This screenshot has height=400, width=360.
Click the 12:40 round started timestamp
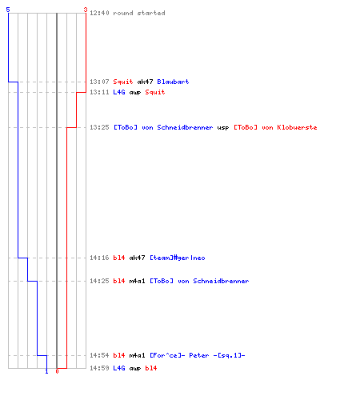(x=99, y=13)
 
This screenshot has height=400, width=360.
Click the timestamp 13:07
(x=99, y=82)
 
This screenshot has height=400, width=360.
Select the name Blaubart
(x=173, y=82)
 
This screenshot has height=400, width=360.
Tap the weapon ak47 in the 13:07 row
(x=145, y=82)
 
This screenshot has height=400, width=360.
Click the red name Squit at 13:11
(x=155, y=92)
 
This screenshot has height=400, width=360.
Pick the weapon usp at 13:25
(x=223, y=128)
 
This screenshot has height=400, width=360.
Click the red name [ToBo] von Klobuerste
(x=275, y=127)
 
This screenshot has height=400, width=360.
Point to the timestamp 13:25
(x=99, y=127)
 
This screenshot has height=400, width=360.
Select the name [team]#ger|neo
(x=178, y=258)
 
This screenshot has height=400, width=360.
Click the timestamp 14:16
(x=99, y=258)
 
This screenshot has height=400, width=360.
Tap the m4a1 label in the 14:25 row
(x=137, y=281)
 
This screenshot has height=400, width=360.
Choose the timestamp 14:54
(x=99, y=355)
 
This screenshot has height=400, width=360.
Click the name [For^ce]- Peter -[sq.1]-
(x=198, y=355)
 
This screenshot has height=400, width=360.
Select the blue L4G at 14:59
(x=119, y=368)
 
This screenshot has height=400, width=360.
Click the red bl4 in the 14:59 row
(x=151, y=368)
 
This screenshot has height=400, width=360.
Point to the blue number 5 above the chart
(x=8, y=10)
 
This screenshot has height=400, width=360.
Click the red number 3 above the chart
(x=86, y=10)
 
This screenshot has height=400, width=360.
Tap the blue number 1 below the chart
(x=46, y=371)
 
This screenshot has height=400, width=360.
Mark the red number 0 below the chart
(x=57, y=371)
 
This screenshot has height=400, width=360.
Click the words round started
(x=139, y=13)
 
